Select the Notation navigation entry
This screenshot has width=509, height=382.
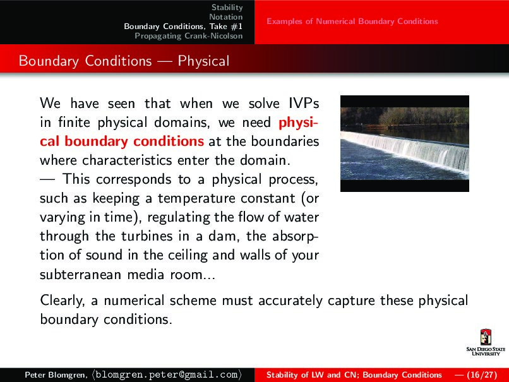click(226, 17)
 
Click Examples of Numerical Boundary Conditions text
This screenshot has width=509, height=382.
click(352, 21)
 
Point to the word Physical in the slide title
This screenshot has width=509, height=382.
click(203, 61)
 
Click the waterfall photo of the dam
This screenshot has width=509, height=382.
click(404, 143)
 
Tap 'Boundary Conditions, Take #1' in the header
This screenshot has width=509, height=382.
click(183, 27)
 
